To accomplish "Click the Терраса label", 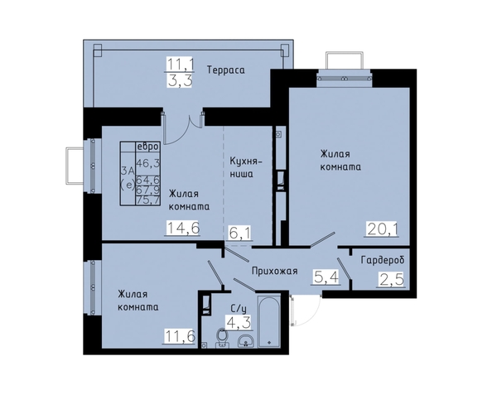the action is coord(225,70).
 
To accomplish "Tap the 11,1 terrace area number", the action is coord(180,65).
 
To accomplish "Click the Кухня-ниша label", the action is coord(246,167).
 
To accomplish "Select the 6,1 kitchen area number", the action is coord(240,233).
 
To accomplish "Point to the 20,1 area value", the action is coord(382,229).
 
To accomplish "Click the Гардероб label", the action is coord(383,260).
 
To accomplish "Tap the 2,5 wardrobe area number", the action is coord(391,279).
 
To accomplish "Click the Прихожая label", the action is coord(274,271).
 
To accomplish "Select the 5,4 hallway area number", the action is coord(326,277).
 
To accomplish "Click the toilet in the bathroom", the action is coord(222,338).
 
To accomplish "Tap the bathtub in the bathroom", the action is coord(269,321).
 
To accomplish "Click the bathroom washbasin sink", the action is coord(246,341).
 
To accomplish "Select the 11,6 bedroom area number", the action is coord(180,337).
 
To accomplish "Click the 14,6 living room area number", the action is coord(183,228).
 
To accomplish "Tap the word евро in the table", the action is coord(147,147).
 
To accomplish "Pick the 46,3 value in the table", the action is coord(147,163).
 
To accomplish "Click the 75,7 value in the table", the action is coord(147,200).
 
